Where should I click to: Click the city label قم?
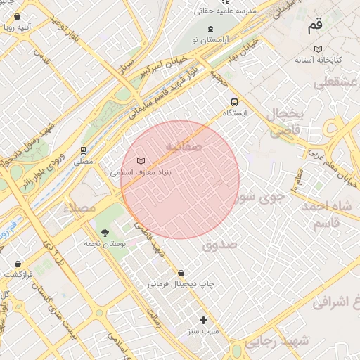click(x=314, y=27)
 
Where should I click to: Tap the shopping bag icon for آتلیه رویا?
click(x=18, y=16)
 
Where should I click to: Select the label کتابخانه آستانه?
click(x=319, y=60)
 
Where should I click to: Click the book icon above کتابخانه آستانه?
click(x=319, y=49)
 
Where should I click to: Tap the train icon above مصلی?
click(x=84, y=150)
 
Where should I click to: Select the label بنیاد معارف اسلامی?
click(x=141, y=172)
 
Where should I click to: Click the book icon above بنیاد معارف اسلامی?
click(x=141, y=160)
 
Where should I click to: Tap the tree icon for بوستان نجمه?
click(x=105, y=232)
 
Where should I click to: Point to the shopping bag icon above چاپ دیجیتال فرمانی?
click(x=181, y=273)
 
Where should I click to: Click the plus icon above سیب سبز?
click(x=204, y=320)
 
